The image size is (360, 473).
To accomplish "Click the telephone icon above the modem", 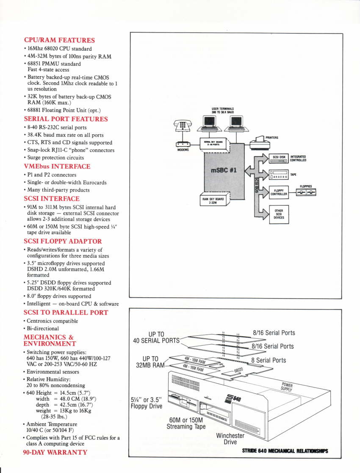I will tap(183, 126).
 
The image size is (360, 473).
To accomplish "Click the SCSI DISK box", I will tap(279, 159).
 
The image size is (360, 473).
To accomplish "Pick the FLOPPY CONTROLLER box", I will tap(279, 192).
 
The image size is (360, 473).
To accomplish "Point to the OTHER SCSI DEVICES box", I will tap(279, 214).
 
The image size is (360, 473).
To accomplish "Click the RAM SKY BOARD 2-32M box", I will tap(213, 199).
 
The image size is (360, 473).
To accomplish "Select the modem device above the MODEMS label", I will tap(183, 144).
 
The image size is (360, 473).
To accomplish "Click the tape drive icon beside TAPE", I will tap(279, 174).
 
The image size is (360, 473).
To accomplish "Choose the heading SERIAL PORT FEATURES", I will tap(66, 119).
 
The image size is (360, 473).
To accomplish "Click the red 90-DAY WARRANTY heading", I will tap(55, 452).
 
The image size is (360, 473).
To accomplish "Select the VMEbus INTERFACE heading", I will tap(57, 166).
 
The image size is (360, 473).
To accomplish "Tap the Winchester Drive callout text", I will tap(230, 439).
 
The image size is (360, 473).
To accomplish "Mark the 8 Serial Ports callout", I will tap(268, 360).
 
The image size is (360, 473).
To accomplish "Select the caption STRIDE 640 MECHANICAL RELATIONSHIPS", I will tap(285, 451).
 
